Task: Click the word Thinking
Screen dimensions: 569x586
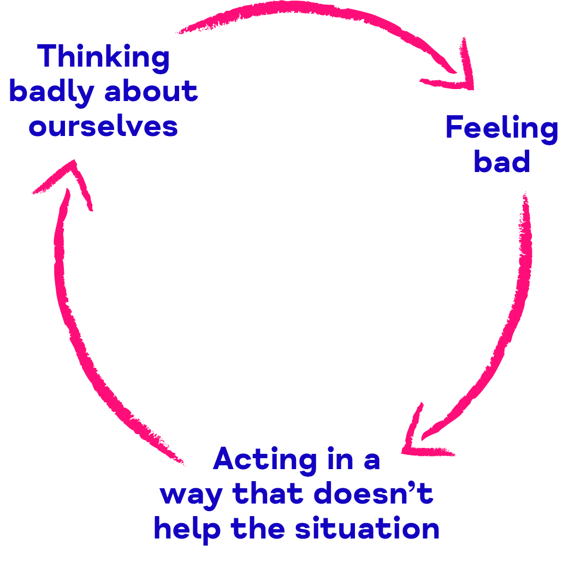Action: tap(104, 57)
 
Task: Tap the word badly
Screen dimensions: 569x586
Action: tap(51, 92)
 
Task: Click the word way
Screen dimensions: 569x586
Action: tap(191, 496)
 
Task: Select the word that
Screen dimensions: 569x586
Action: tap(268, 493)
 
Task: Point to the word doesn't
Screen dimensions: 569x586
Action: tap(374, 493)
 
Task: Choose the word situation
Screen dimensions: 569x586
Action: tap(368, 528)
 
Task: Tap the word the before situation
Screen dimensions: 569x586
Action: tap(258, 528)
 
